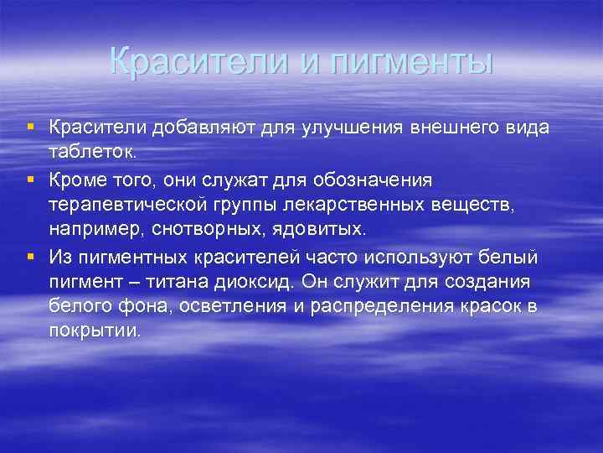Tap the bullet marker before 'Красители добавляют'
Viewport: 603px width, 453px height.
click(x=30, y=126)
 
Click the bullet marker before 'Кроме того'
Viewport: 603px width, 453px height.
click(x=30, y=179)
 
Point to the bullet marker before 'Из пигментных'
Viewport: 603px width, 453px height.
click(x=30, y=256)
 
